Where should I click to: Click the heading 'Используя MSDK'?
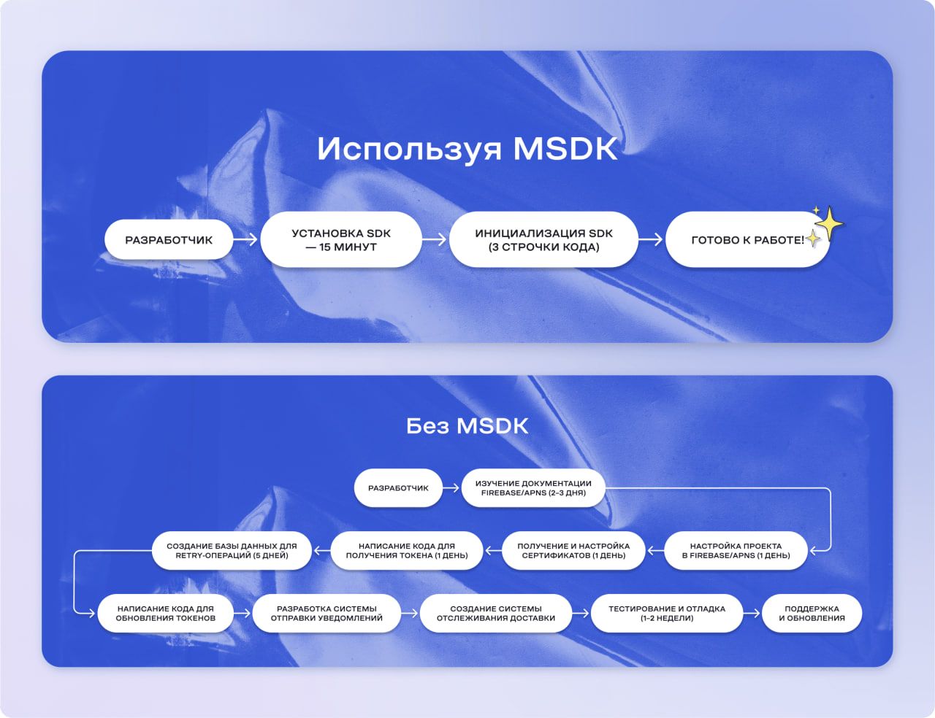tap(467, 149)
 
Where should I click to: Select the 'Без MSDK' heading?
tap(467, 425)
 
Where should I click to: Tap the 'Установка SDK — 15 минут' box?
tap(341, 239)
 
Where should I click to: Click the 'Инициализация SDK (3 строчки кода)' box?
tap(543, 239)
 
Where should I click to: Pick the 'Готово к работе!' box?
tap(747, 239)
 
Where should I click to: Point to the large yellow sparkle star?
tap(829, 222)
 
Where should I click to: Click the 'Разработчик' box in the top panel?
tap(169, 239)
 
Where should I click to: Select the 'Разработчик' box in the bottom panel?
tap(398, 487)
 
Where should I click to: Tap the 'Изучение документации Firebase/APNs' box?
tap(533, 487)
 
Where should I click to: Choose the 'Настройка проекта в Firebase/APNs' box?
tap(736, 550)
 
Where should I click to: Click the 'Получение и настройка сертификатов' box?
tap(573, 550)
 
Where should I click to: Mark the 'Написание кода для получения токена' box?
tap(406, 550)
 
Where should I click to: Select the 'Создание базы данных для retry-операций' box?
tap(232, 550)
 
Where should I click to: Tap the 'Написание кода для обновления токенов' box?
tap(166, 613)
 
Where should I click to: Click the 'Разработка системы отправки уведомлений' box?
tap(327, 613)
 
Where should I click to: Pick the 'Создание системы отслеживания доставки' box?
tap(496, 613)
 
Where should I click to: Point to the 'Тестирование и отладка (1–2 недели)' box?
tap(666, 613)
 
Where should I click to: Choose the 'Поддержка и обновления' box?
tap(812, 613)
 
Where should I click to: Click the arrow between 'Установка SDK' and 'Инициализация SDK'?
tap(435, 239)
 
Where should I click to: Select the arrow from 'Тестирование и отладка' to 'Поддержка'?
tap(752, 613)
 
